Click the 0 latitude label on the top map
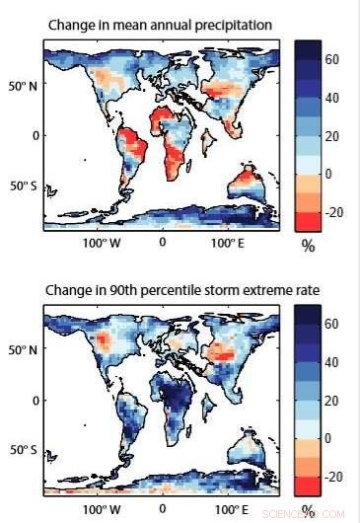pyautogui.click(x=34, y=134)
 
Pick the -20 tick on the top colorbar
pyautogui.click(x=334, y=211)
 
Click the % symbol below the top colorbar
pyautogui.click(x=308, y=247)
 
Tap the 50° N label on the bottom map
pyautogui.click(x=22, y=349)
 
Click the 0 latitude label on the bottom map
pyautogui.click(x=34, y=400)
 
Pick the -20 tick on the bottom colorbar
pyautogui.click(x=334, y=477)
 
